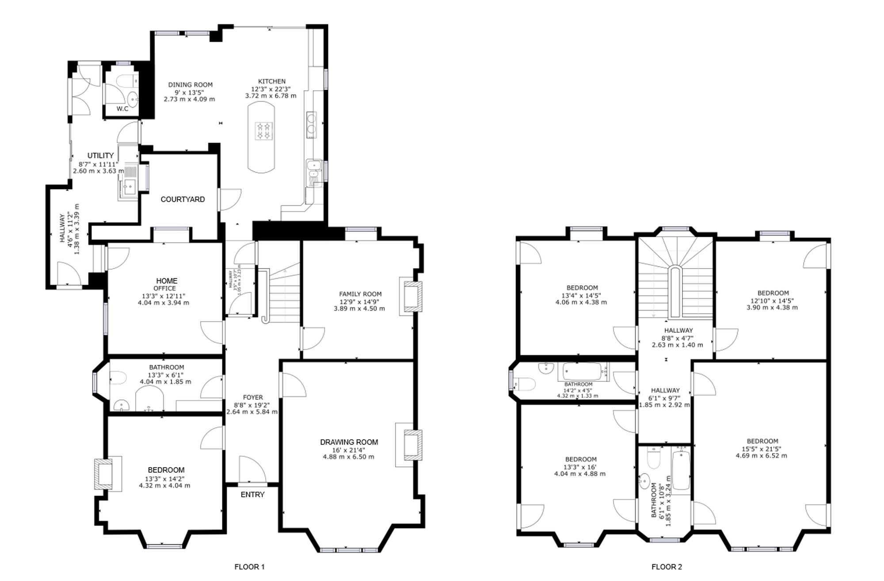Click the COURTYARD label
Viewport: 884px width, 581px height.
click(183, 200)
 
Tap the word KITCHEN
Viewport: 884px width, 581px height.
click(272, 81)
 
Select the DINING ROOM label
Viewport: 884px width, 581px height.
click(190, 85)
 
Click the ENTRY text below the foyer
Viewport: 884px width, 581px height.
click(252, 495)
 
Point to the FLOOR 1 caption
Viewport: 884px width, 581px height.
click(249, 567)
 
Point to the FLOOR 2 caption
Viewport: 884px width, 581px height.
click(667, 567)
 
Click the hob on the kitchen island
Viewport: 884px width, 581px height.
click(264, 131)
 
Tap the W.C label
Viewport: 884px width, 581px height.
click(122, 109)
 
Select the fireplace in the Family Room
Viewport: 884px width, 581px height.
click(411, 296)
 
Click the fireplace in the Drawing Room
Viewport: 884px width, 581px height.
click(408, 445)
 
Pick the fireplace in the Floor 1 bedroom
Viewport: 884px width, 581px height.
click(108, 473)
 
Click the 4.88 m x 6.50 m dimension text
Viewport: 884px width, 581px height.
click(348, 457)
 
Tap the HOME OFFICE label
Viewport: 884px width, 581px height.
click(167, 285)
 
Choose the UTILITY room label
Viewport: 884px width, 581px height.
click(100, 156)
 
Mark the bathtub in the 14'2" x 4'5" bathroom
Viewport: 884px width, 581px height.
click(583, 372)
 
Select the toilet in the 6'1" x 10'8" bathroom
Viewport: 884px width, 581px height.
click(654, 458)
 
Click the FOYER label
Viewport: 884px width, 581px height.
click(253, 398)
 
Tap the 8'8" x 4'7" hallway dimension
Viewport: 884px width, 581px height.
click(677, 338)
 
